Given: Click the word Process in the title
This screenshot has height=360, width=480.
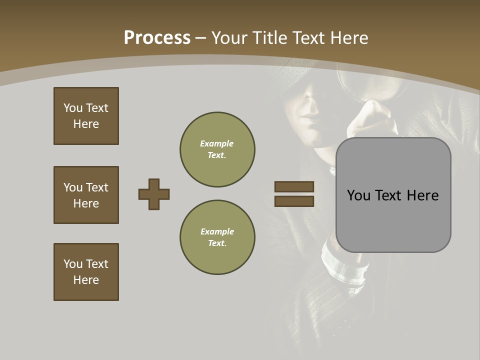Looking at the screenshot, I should pos(157,38).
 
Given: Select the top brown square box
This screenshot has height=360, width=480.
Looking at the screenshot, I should pos(86,116).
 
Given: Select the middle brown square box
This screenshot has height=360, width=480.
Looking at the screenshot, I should pos(86,195).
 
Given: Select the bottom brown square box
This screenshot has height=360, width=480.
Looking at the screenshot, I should pos(86,272).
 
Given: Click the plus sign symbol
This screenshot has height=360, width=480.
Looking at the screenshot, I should pos(154,194).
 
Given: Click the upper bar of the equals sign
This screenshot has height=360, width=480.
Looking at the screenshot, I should pos(294,186).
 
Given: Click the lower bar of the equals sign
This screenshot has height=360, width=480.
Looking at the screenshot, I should pos(294,201).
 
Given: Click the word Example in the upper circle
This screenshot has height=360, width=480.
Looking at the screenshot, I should pos(216,143).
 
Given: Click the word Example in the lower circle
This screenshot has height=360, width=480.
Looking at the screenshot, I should pos(217,231).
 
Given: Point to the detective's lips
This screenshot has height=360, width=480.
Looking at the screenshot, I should pos(308,121).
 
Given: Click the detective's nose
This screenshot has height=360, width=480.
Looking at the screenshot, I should pos(311,106).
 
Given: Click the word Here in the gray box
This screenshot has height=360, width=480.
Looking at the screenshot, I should pos(422,195).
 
